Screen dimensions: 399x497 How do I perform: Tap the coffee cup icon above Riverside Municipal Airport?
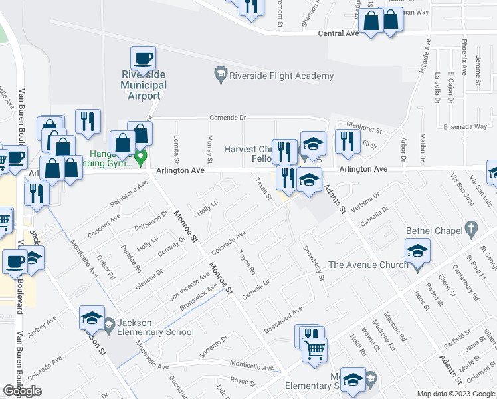pyautogui.click(x=143, y=59)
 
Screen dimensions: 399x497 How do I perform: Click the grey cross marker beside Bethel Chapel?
pyautogui.click(x=471, y=228)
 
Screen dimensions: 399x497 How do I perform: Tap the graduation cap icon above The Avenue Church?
pyautogui.click(x=417, y=251)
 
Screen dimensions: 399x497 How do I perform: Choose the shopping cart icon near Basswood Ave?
pyautogui.click(x=314, y=349)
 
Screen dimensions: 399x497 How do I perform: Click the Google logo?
pyautogui.click(x=22, y=391)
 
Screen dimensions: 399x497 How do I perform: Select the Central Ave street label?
pyautogui.click(x=338, y=33)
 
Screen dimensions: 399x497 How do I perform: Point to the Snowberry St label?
pyautogui.click(x=312, y=263)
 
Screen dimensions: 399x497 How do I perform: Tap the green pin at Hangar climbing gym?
pyautogui.click(x=140, y=158)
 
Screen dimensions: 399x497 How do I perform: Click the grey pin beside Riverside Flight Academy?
pyautogui.click(x=221, y=75)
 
